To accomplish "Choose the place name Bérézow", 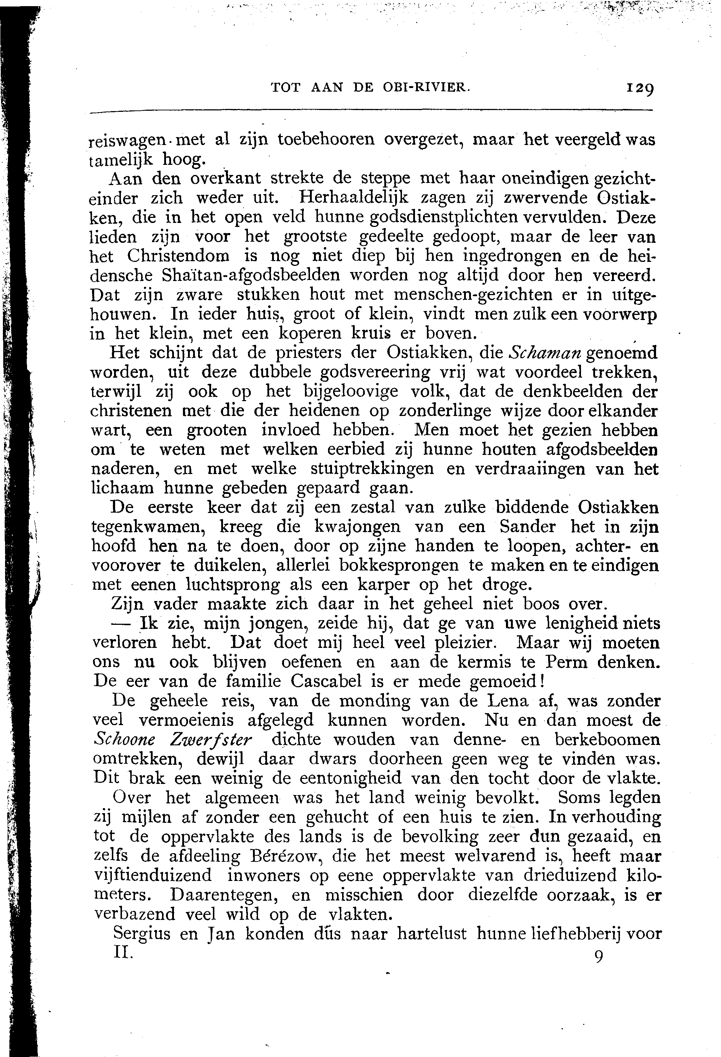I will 280,856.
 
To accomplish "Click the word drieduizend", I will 569,876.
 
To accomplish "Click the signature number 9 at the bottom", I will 599,956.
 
